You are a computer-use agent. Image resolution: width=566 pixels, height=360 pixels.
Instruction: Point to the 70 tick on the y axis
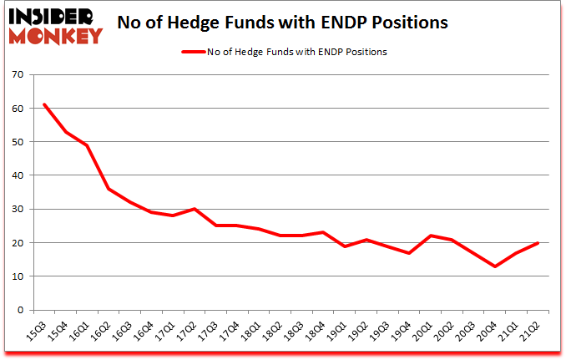pos(17,75)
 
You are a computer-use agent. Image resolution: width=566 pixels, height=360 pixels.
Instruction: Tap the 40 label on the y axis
pos(17,176)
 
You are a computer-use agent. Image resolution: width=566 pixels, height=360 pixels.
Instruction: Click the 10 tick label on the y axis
pos(17,276)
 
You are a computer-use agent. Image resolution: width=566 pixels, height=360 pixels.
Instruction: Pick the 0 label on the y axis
pos(19,310)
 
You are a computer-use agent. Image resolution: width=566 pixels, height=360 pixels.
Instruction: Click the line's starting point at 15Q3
pos(44,104)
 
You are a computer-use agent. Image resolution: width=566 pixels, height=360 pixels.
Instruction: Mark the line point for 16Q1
pos(87,145)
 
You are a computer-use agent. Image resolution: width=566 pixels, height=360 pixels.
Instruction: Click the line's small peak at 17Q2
pos(194,209)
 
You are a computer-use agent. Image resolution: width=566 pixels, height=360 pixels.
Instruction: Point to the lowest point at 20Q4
pos(495,266)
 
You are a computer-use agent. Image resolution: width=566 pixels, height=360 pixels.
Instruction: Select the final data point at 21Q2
pos(538,242)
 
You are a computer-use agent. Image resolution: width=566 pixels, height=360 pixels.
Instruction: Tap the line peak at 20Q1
pos(431,236)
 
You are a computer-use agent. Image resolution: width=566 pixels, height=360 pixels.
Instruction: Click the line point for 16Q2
pos(109,189)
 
